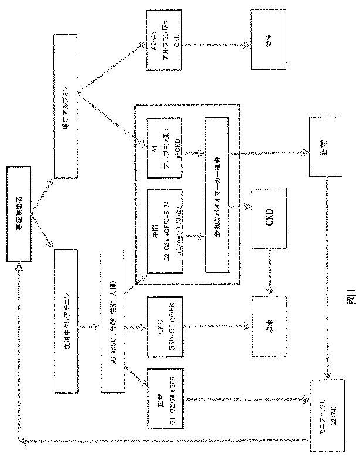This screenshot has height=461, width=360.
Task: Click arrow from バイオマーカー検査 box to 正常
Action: tap(270, 153)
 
